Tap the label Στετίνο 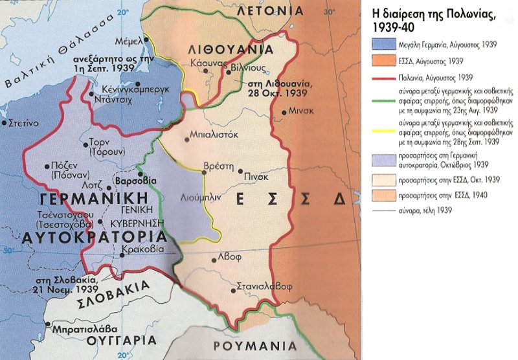pyautogui.click(x=26, y=122)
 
